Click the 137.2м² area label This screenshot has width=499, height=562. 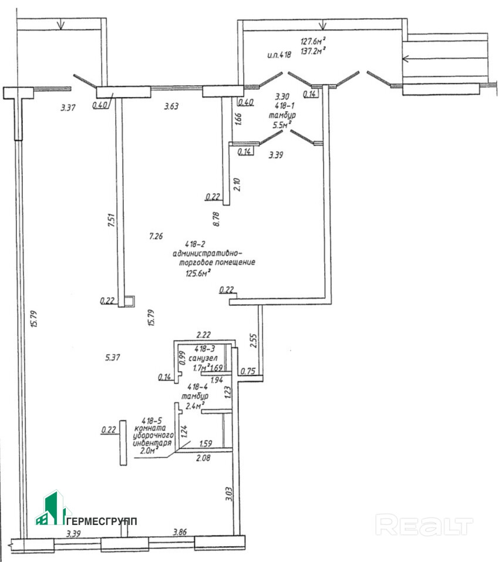[x=313, y=51]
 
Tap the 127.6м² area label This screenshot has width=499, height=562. [x=313, y=41]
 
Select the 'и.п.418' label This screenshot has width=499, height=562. [x=279, y=55]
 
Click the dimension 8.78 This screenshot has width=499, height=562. [x=216, y=219]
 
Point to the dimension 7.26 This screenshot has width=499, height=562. [x=156, y=236]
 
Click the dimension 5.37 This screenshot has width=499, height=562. [x=113, y=356]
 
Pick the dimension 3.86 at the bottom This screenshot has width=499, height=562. [x=180, y=532]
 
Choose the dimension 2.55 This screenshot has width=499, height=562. [x=253, y=341]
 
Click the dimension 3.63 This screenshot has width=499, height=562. [x=171, y=106]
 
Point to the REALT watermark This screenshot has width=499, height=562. [x=424, y=524]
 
